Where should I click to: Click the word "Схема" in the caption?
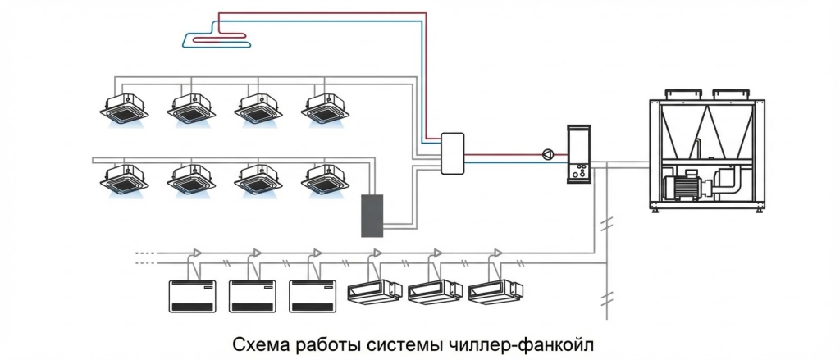pyautogui.click(x=257, y=340)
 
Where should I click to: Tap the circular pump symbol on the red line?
pyautogui.click(x=547, y=153)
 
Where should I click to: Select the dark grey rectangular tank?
pyautogui.click(x=373, y=216)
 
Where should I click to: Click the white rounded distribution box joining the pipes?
pyautogui.click(x=454, y=153)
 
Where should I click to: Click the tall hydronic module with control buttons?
pyautogui.click(x=581, y=154)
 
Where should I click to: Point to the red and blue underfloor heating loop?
pyautogui.click(x=216, y=35)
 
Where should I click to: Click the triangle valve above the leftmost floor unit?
pyautogui.click(x=197, y=251)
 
